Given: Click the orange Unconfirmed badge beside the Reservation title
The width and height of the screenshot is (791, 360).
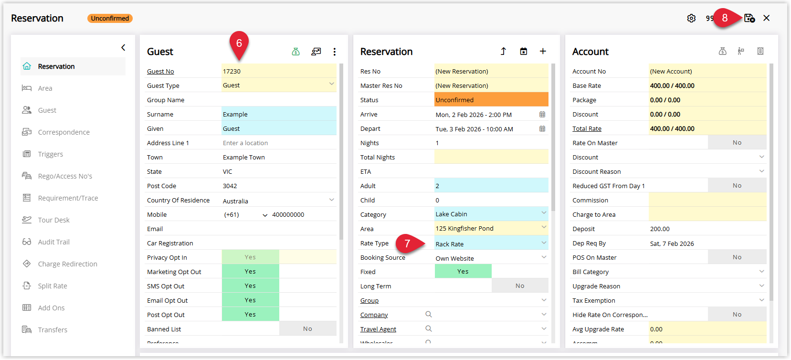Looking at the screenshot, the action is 110,18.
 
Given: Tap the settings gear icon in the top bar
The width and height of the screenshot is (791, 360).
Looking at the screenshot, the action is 691,18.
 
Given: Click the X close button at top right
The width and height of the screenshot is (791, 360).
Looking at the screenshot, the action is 766,18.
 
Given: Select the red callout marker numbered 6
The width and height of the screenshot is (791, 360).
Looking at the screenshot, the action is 239,44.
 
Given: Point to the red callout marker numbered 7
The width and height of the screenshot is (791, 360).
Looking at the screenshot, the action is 409,244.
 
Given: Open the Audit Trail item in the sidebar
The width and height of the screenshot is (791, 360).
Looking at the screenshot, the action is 53,242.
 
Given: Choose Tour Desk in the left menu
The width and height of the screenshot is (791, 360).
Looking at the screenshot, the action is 53,220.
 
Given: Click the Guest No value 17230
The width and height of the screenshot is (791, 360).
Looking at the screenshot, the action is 232,71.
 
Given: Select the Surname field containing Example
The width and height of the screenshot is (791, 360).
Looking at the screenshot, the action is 279,114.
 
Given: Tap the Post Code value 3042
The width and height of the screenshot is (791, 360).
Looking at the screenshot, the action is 230,186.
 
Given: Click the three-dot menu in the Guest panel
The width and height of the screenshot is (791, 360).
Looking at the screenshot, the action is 335,52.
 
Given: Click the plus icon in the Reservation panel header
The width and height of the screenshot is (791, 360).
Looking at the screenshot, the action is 543,52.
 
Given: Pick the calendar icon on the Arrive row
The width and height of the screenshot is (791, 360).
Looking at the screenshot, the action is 542,115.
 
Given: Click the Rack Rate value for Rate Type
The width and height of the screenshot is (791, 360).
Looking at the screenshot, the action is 450,244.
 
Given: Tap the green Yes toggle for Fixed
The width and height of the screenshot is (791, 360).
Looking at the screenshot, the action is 463,271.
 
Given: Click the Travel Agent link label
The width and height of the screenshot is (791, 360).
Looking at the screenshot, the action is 378,329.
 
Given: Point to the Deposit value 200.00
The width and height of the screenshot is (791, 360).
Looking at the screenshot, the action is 660,229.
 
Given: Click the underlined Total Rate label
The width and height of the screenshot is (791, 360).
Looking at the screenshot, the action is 587,129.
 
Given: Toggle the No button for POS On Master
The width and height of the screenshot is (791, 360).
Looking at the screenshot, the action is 737,257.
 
